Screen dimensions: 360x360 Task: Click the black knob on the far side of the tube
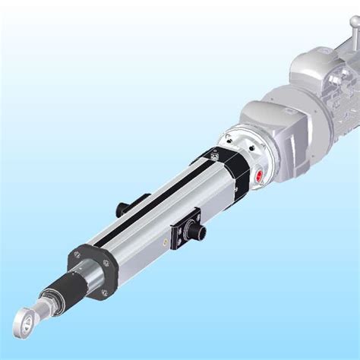coord(122,207)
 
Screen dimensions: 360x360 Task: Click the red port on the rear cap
coord(258,177)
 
